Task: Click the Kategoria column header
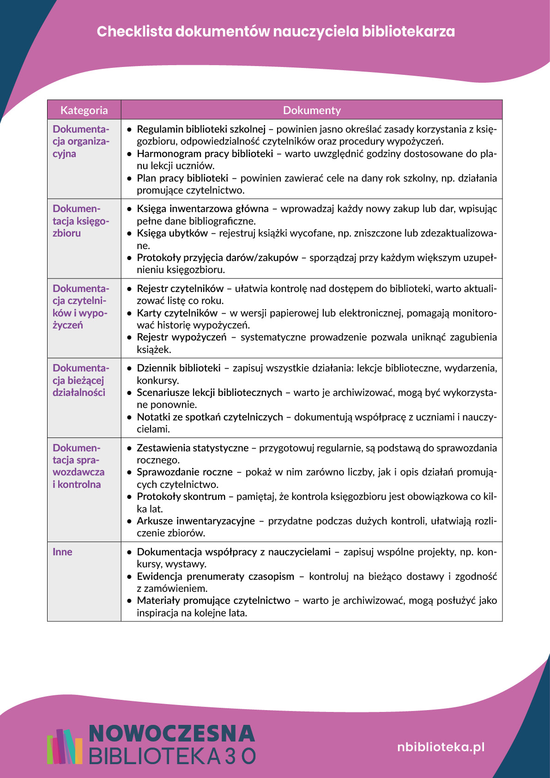(84, 110)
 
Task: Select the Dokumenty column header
(312, 110)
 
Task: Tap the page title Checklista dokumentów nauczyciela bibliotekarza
(276, 31)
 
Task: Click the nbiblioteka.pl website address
(441, 747)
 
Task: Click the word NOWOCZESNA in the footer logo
(171, 734)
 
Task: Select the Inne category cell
(63, 552)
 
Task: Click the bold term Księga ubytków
(172, 233)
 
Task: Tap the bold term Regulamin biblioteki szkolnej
(201, 129)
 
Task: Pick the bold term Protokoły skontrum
(181, 497)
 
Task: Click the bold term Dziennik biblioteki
(179, 368)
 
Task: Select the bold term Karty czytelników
(177, 313)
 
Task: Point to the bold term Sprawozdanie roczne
(185, 472)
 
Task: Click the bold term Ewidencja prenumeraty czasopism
(215, 577)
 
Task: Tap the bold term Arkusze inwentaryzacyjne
(196, 521)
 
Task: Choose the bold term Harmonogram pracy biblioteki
(205, 154)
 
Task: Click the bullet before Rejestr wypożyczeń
(130, 338)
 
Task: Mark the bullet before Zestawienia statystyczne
(130, 448)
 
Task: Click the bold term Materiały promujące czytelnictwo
(213, 601)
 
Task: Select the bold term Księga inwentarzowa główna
(203, 209)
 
